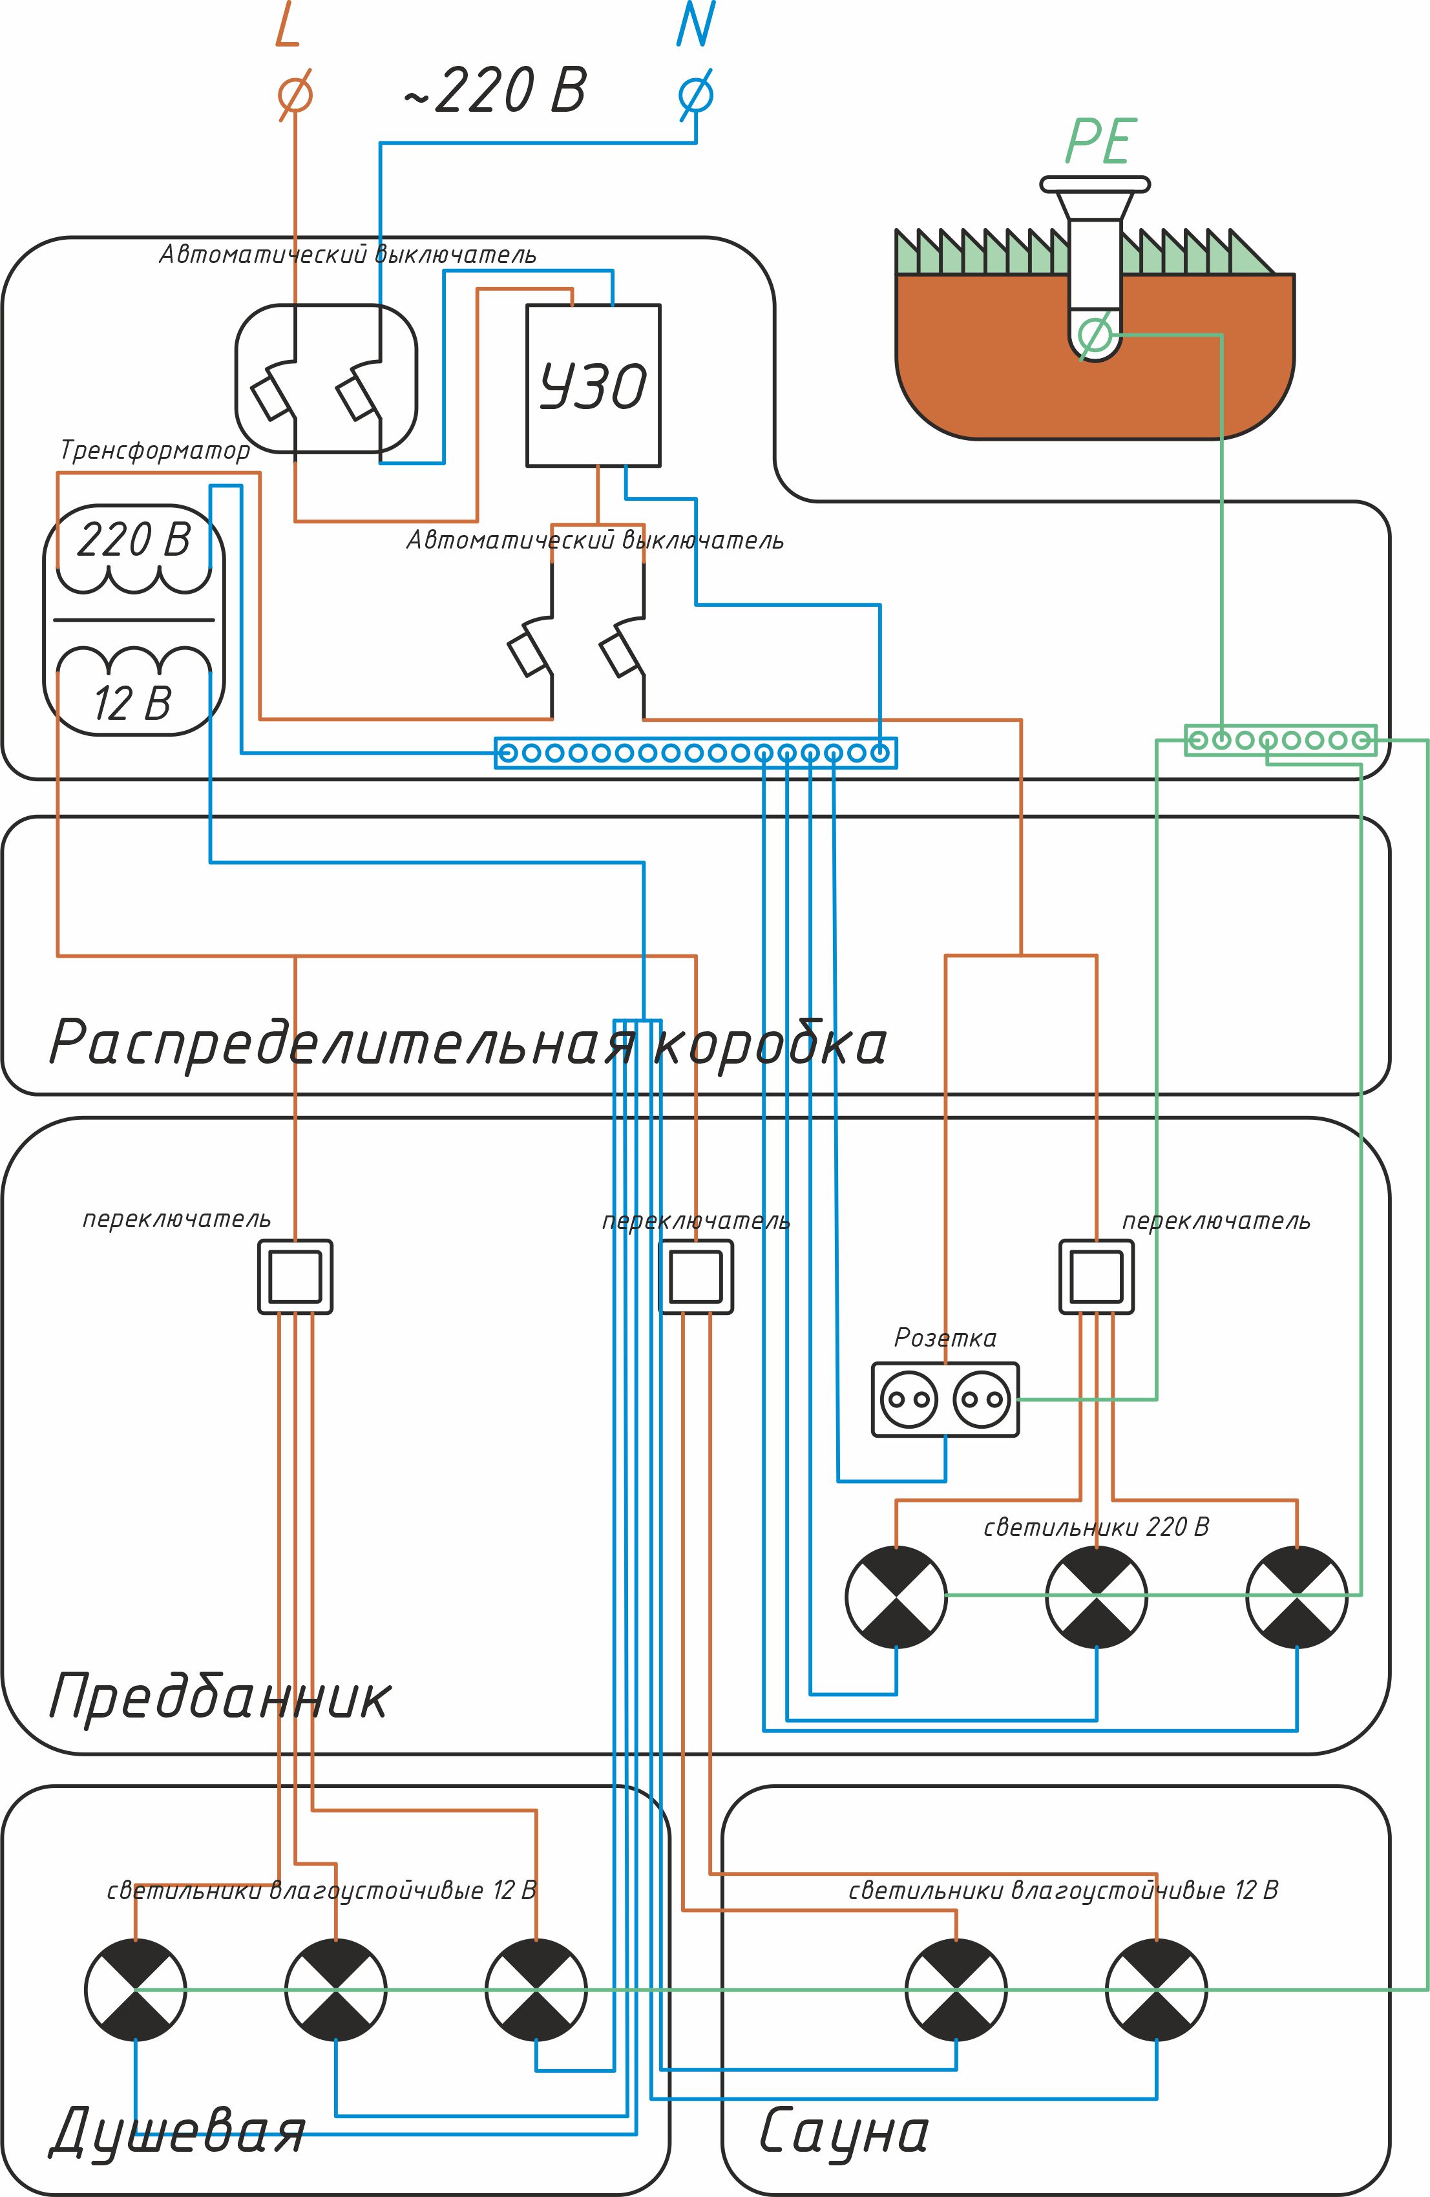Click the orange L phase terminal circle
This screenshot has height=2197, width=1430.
295,94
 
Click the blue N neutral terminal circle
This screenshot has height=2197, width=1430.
696,94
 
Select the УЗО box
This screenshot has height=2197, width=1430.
593,386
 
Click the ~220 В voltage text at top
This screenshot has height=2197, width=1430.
495,90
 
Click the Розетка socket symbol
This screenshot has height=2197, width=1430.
945,1400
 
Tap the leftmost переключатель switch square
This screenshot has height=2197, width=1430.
295,1277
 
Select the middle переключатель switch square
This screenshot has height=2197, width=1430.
696,1277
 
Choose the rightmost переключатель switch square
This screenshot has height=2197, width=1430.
1097,1277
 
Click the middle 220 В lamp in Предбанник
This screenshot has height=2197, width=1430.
1097,1597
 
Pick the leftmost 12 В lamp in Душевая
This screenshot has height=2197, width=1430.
136,1990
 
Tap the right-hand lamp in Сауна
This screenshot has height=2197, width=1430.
1156,1990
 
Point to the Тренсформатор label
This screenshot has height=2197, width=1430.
155,450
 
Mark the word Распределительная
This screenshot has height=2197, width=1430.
342,1043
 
